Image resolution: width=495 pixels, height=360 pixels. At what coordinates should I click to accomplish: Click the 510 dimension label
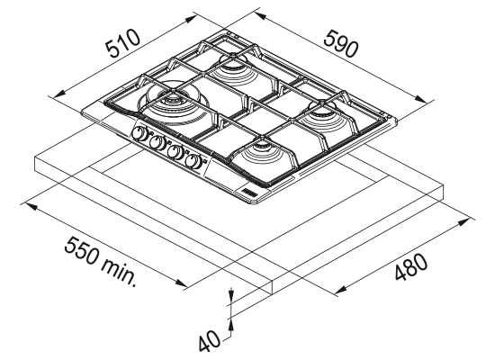[122, 43]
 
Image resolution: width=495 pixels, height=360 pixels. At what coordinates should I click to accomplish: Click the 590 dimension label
[341, 43]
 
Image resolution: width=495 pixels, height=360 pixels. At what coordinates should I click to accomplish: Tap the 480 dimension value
[411, 265]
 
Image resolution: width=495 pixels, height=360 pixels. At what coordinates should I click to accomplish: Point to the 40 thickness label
[210, 341]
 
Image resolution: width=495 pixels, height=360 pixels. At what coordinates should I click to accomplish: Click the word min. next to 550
[120, 272]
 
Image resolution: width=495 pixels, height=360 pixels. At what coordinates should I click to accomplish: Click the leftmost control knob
[139, 133]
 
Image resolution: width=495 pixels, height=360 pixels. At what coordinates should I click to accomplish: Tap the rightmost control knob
[193, 161]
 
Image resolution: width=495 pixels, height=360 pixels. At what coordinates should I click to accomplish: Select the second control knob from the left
[157, 143]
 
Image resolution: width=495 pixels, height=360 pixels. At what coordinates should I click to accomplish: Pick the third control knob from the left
[175, 152]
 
